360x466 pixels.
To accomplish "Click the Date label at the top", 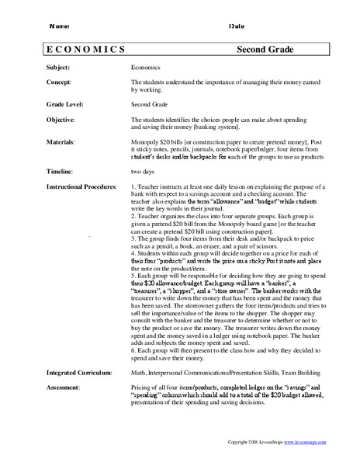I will coord(237,26).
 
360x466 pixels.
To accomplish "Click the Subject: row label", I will coord(59,68).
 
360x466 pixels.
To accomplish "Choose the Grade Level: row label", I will coord(65,103).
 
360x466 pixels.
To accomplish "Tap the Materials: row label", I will coord(61,143).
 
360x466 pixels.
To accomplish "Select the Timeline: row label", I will coord(61,170).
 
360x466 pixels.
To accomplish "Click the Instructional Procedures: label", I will coord(81,187).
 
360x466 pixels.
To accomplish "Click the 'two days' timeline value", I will coord(144,170).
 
